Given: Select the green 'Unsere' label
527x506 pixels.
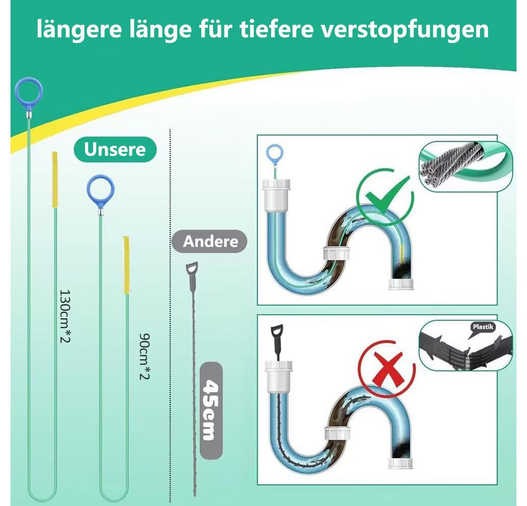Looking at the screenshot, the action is point(115,149).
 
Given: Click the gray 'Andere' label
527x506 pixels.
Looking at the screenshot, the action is point(210,241).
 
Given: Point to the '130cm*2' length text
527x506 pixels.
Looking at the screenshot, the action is point(65,316).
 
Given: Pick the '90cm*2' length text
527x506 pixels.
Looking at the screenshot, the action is point(144,356).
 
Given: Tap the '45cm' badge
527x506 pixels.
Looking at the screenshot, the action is point(211,411).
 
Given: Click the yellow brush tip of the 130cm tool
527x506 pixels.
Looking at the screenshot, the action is point(54,180).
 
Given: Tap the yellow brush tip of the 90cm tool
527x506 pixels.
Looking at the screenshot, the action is point(126,265).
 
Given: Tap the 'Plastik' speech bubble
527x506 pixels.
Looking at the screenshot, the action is point(483,327).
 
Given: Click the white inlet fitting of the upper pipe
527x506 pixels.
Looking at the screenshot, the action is point(276,196).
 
